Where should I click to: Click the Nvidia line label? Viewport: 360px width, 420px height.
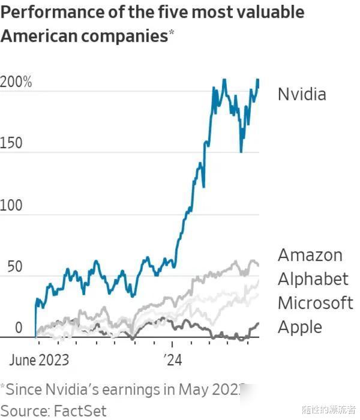302,94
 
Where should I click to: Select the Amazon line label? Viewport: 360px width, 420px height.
310,255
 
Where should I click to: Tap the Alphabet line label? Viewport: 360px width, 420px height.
313,279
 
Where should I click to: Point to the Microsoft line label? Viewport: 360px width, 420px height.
316,302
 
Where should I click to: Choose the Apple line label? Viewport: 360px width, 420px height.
300,327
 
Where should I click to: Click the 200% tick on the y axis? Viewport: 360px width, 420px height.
16,82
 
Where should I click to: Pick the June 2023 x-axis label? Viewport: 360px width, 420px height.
39,361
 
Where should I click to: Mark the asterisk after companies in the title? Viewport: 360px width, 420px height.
171,32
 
